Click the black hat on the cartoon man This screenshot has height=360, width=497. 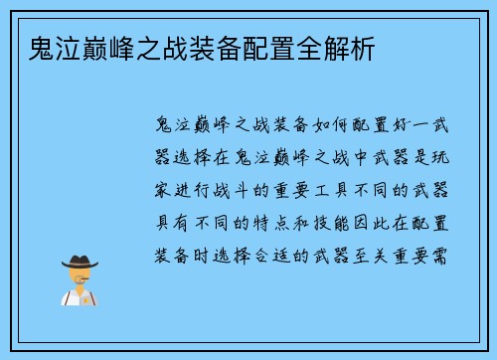(x=81, y=262)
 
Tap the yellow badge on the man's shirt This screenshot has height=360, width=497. (x=89, y=298)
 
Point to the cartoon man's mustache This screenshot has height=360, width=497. (x=80, y=282)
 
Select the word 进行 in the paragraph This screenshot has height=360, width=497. (x=195, y=189)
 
